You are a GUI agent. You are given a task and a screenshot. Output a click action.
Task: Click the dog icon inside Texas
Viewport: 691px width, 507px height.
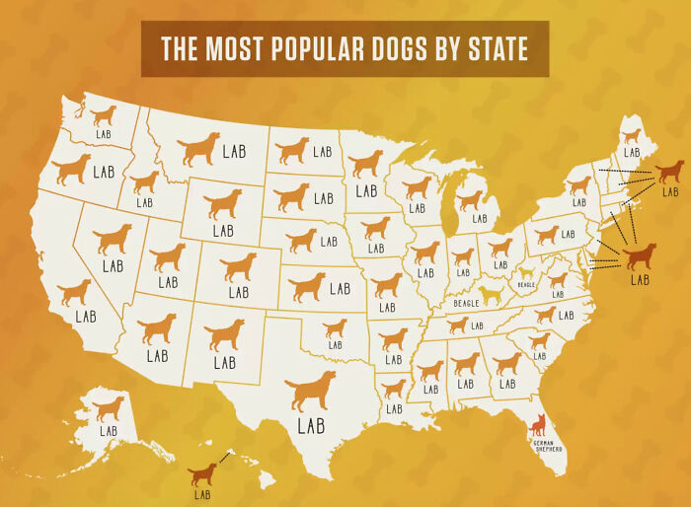tap(310, 392)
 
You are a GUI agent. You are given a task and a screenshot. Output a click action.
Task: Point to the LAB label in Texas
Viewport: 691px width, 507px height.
tap(311, 427)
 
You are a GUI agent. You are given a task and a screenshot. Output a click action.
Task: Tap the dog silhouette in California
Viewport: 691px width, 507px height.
tap(74, 292)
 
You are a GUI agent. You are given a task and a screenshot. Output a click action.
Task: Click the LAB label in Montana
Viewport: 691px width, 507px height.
tap(234, 151)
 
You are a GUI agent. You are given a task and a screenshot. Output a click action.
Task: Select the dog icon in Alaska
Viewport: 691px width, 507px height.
tap(109, 407)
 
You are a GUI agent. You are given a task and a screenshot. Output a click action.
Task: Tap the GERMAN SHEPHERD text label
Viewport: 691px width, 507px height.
tap(548, 446)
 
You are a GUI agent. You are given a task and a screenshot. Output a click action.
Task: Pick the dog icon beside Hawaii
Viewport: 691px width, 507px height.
tap(202, 474)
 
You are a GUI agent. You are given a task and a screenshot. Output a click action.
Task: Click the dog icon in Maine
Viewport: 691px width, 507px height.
tap(631, 136)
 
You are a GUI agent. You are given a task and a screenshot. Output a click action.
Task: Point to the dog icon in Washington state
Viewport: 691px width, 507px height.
tap(104, 115)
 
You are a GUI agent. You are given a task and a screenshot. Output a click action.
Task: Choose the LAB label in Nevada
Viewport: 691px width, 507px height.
tap(113, 266)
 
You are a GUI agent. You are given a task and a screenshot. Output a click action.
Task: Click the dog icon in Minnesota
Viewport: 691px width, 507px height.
tap(366, 163)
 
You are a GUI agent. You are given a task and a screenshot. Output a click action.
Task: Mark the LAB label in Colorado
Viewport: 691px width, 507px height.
tap(238, 293)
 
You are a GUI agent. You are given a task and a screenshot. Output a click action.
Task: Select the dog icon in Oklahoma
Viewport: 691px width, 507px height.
tap(336, 328)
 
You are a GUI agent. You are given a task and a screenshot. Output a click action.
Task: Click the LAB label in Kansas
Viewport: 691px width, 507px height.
tap(340, 289)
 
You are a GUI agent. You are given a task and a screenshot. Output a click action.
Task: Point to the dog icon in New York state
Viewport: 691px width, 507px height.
tap(578, 184)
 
